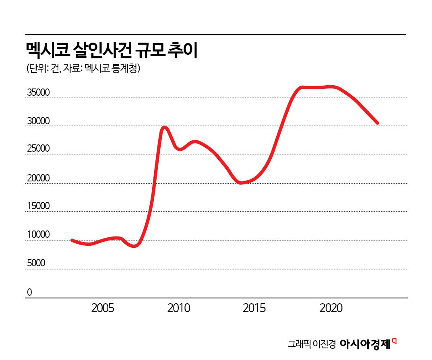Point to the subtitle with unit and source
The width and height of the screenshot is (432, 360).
83,69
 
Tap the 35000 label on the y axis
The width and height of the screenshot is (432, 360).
38,93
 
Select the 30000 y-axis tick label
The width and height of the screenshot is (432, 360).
38,121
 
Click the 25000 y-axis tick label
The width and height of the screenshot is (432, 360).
38,148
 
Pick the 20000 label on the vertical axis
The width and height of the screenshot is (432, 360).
38,178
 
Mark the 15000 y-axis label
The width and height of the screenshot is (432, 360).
38,206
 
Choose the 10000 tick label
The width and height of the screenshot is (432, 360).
38,235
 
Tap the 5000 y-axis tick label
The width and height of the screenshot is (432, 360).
36,263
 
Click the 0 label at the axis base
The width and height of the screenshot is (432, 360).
29,292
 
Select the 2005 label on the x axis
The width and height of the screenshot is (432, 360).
103,309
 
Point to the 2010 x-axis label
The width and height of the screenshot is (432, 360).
179,309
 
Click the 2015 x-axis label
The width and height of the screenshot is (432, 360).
254,309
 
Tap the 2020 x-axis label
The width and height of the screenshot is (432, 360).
331,309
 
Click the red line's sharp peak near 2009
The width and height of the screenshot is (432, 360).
164,128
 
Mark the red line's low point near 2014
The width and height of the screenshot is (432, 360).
241,183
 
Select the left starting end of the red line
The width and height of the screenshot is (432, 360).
72,240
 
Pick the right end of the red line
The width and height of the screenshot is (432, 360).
377,123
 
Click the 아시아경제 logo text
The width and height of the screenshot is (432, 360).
365,344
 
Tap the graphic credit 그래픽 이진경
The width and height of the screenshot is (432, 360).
311,345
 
